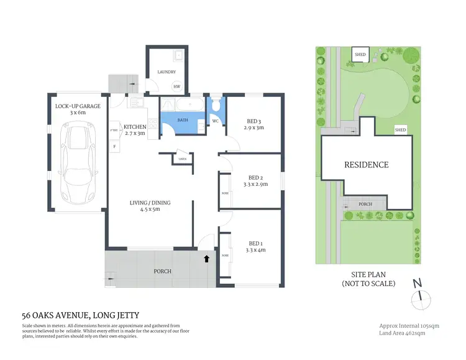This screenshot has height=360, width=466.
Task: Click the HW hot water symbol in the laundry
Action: pos(176,87)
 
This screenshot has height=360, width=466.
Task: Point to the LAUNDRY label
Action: pos(167,72)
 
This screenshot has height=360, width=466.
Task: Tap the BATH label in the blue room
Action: pos(183,119)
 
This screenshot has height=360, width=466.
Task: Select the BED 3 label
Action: pos(254,121)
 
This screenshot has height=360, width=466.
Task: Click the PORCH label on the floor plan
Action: pos(162,271)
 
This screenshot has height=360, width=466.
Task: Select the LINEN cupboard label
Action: pos(182,159)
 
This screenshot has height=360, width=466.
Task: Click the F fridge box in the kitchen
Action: pos(114,146)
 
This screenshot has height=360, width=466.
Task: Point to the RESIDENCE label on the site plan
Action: pos(367,165)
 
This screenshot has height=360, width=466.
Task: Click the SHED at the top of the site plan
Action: pos(360,55)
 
